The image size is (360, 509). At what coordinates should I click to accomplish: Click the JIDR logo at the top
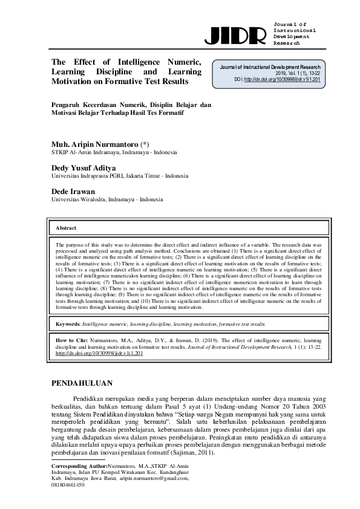pyautogui.click(x=235, y=36)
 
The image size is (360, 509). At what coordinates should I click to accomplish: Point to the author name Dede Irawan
pyautogui.click(x=73, y=192)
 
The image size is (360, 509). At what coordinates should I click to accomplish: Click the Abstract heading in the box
pyautogui.click(x=67, y=228)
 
